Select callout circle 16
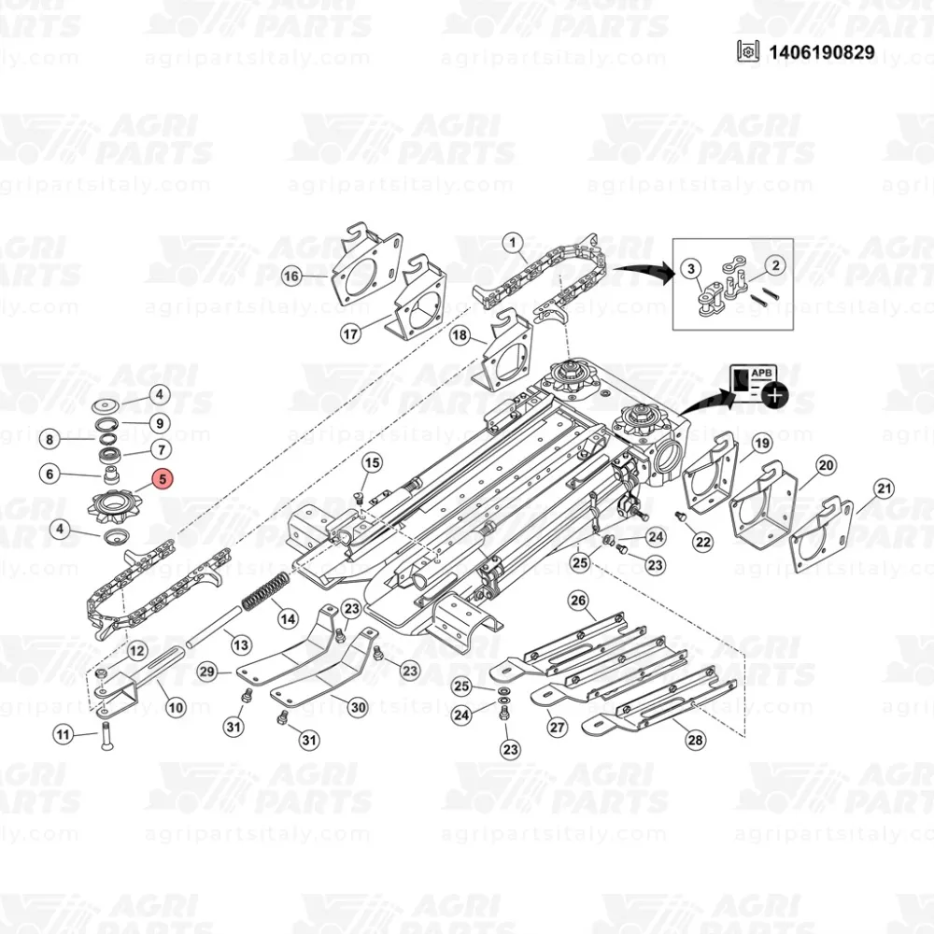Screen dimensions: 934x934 coord(291,276)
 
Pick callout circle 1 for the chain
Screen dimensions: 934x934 coord(514,245)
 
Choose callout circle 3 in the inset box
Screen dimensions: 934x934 coord(691,270)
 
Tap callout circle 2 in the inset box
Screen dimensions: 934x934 coord(774,265)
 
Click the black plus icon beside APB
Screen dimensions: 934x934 coord(774,395)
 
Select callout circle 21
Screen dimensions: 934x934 coord(883,488)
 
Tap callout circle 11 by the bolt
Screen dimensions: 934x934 coord(63,735)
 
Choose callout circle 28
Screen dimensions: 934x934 coord(695,739)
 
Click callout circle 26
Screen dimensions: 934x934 coord(577,600)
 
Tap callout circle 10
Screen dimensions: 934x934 coord(174,709)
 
